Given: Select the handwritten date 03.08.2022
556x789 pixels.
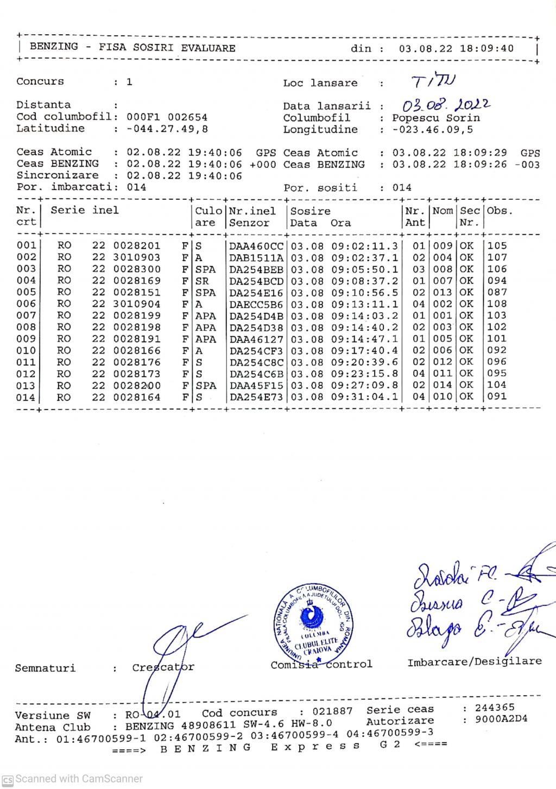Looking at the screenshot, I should pos(446,104).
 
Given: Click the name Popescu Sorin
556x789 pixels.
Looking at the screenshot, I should pos(436,118).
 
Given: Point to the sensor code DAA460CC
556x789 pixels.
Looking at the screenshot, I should pos(256,246).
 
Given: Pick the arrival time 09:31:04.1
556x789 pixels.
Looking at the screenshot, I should pos(364,397).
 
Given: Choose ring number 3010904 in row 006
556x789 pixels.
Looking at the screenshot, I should pos(136,304).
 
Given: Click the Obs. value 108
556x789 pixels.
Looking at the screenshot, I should pos(497,304).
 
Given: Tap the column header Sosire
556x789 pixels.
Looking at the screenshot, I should pos(310,211).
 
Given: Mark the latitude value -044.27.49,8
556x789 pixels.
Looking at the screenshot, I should pos(167,129).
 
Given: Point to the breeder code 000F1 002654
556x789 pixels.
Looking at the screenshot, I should pos(167,117).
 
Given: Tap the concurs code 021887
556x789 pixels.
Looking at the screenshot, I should pos(332,711).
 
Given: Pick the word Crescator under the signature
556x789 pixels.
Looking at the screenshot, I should pos(163,667).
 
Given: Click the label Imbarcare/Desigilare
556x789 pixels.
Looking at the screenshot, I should pos(475,661).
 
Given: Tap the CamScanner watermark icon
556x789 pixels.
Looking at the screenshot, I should pos(8,779).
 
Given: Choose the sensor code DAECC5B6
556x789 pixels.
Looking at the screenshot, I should pos(256,305).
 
